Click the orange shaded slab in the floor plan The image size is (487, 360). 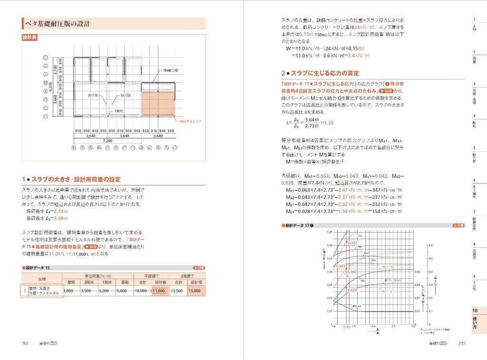(158, 103)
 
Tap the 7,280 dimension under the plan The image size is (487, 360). (107, 141)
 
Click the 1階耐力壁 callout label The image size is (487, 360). (171, 70)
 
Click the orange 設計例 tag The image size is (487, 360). (29, 38)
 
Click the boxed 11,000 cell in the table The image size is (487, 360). (159, 291)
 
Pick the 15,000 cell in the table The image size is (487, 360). (195, 291)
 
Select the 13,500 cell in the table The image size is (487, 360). (176, 291)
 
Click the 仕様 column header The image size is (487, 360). (41, 279)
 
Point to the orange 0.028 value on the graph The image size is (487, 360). (352, 290)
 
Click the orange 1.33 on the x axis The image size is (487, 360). (346, 327)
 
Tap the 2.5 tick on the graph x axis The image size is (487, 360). (393, 327)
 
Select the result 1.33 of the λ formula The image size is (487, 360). (328, 122)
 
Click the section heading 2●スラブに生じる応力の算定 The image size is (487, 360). (320, 73)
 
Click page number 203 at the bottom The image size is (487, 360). (462, 343)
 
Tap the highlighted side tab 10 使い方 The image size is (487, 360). (475, 320)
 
